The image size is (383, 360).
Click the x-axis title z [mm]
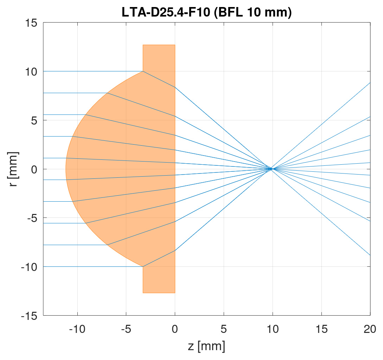pyautogui.click(x=206, y=346)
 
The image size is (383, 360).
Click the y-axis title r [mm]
pyautogui.click(x=13, y=169)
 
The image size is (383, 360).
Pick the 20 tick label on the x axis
pyautogui.click(x=370, y=329)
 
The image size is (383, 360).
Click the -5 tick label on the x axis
pyautogui.click(x=126, y=329)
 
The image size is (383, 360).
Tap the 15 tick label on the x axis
pyautogui.click(x=321, y=329)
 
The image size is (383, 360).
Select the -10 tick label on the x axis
pyautogui.click(x=77, y=329)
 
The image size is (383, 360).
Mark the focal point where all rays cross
pyautogui.click(x=272, y=169)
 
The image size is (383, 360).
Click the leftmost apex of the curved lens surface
pyautogui.click(x=66, y=169)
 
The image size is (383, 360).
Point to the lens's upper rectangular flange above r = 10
pyautogui.click(x=159, y=58)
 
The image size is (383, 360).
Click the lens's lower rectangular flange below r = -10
pyautogui.click(x=159, y=280)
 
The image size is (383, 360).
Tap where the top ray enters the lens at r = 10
pyautogui.click(x=143, y=71)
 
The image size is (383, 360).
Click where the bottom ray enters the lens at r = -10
pyautogui.click(x=143, y=267)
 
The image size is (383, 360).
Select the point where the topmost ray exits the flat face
pyautogui.click(x=175, y=87)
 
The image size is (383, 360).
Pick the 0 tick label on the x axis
pyautogui.click(x=175, y=329)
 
